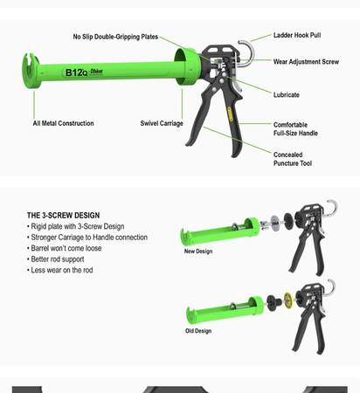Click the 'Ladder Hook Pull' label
(x=297, y=35)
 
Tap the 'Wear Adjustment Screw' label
(x=306, y=62)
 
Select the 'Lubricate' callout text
(x=286, y=94)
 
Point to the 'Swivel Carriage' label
(x=162, y=123)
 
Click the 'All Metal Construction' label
(x=63, y=123)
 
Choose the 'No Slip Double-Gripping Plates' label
(x=115, y=37)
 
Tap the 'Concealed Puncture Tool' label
(x=293, y=159)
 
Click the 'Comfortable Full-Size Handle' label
(x=295, y=129)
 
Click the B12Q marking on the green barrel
(x=76, y=72)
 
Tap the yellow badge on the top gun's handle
(x=230, y=114)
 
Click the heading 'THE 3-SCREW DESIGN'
(x=63, y=216)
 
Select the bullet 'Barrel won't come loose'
(x=65, y=248)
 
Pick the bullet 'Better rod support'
(x=56, y=259)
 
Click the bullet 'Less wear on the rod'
(x=60, y=270)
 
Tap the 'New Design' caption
(x=198, y=252)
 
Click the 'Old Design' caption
(x=198, y=331)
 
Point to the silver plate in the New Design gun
(x=274, y=224)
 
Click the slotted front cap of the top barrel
(x=31, y=71)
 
